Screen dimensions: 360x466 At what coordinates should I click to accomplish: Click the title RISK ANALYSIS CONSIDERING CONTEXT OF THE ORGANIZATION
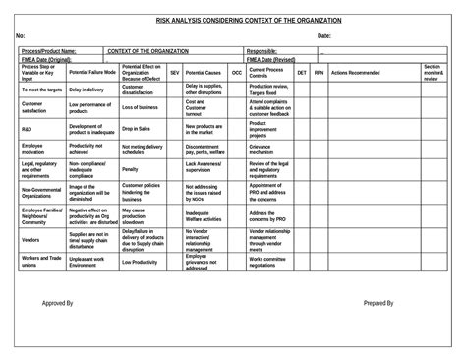[x=233, y=20]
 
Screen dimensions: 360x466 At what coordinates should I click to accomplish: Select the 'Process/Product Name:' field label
[x=48, y=50]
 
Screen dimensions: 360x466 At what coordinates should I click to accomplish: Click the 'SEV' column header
[x=174, y=73]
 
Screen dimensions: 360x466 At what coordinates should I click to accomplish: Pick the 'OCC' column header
[x=236, y=73]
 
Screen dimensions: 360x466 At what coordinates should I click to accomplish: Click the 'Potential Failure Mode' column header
[x=91, y=73]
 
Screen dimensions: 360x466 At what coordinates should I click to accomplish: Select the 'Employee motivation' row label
[x=33, y=150]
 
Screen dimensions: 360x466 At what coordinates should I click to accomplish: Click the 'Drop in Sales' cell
[x=136, y=128]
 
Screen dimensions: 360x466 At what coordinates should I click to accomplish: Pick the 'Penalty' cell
[x=130, y=169]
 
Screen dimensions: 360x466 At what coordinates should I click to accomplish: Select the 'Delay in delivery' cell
[x=87, y=89]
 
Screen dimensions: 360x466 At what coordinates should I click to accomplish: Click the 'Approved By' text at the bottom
[x=58, y=304]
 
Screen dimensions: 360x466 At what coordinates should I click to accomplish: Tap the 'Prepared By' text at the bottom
[x=379, y=304]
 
